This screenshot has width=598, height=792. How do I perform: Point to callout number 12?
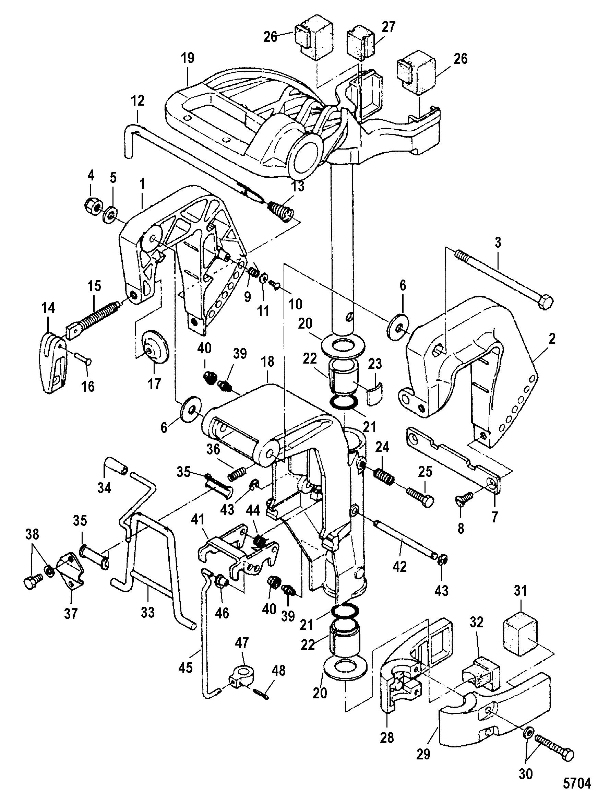pyautogui.click(x=138, y=101)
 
